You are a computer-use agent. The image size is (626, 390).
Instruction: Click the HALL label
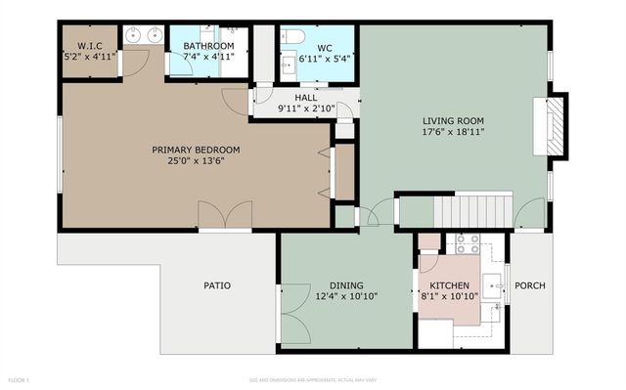pos(305,98)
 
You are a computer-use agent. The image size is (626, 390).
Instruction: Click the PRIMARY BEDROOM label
pos(196,150)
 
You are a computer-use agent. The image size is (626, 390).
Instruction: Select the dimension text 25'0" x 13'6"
pos(196,161)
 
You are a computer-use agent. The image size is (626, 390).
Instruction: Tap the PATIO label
pos(217,285)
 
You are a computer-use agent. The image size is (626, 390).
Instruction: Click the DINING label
pos(346,284)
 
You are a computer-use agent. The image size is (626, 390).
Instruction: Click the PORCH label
pos(530,285)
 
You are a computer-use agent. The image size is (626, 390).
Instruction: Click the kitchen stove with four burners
pos(466,242)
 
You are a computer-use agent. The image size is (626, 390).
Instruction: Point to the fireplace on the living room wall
pos(556,124)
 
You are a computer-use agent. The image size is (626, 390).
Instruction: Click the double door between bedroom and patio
pos(224,215)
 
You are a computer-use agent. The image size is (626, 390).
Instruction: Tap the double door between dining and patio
pos(294,315)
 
